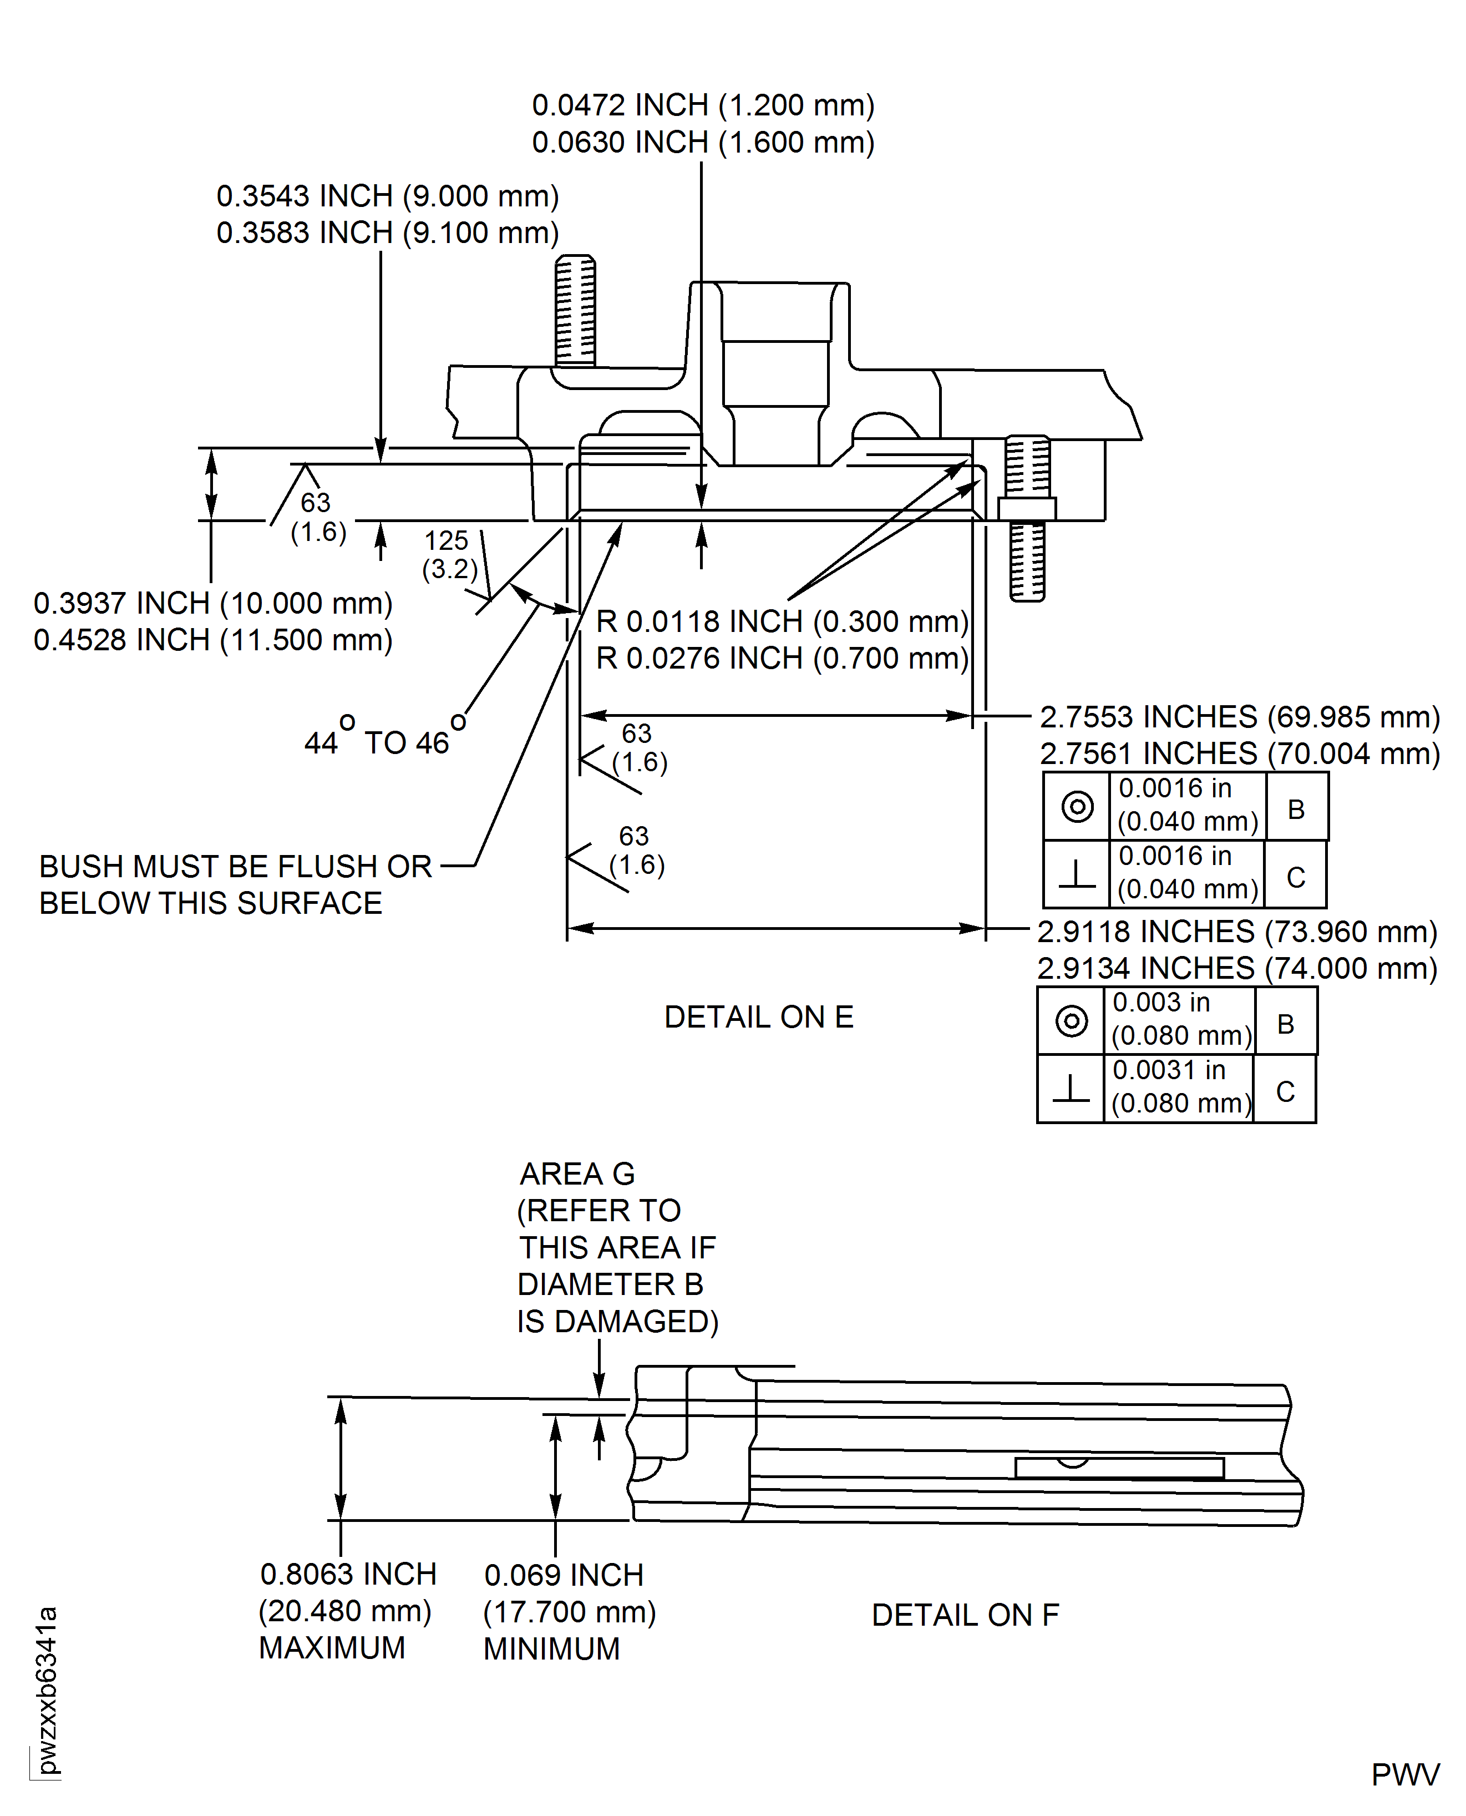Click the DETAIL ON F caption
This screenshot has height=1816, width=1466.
(x=965, y=1615)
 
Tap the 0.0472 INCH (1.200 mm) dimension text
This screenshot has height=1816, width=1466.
(x=703, y=105)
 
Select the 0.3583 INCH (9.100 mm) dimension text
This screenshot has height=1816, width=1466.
(x=388, y=232)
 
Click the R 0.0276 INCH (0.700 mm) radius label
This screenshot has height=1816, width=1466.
(x=782, y=658)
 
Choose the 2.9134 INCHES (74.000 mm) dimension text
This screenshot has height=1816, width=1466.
(x=1237, y=968)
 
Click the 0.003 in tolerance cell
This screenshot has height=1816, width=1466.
(x=1180, y=1019)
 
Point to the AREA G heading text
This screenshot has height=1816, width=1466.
(x=577, y=1174)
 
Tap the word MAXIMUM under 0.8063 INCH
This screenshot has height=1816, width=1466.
(x=332, y=1648)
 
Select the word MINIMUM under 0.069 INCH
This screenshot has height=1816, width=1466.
(x=551, y=1649)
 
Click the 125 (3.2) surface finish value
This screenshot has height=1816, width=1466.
(x=450, y=555)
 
